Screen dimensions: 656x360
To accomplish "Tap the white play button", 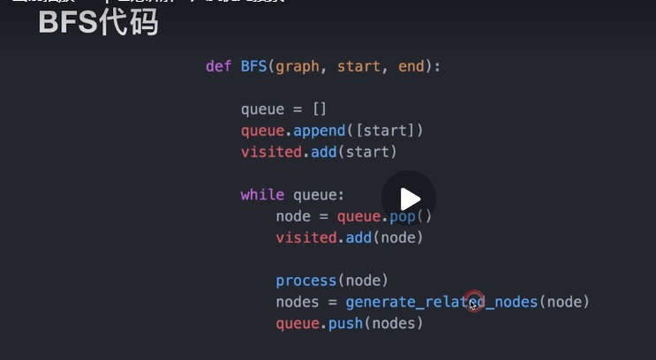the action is click(x=408, y=198).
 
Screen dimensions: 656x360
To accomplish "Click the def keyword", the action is click(x=218, y=66).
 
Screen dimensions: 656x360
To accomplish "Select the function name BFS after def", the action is click(x=253, y=66).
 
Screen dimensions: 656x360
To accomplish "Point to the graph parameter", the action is click(x=298, y=66).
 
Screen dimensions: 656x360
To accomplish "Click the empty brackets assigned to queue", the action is click(x=320, y=109).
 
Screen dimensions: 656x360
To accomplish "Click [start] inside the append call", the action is click(x=385, y=131).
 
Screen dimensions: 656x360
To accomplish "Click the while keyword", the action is click(x=262, y=195).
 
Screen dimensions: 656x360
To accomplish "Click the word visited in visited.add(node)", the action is click(x=306, y=237).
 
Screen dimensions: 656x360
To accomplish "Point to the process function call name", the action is click(x=306, y=281).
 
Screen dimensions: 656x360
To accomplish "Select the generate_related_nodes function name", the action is click(x=441, y=303).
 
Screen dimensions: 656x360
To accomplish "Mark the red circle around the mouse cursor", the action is click(x=474, y=302).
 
